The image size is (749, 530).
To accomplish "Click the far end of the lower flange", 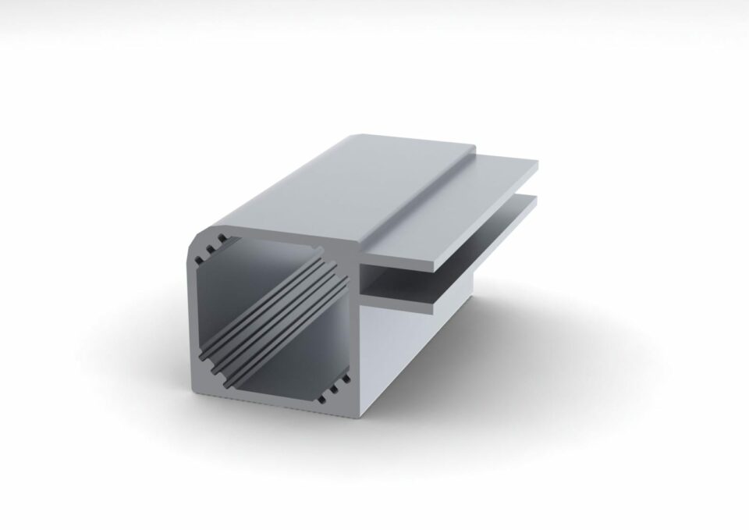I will click(535, 201).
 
